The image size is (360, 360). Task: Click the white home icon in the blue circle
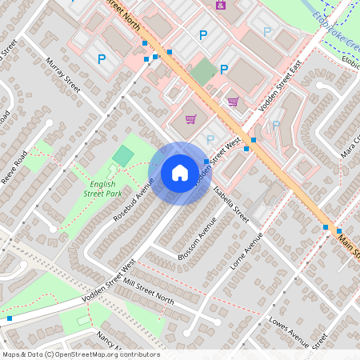pos(180,172)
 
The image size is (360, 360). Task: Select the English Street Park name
pos(102,188)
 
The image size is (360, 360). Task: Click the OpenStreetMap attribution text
pos(81,354)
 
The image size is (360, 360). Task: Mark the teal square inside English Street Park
pos(123,156)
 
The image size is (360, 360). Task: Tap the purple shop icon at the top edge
pos(221,5)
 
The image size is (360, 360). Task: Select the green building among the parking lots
pos(203,71)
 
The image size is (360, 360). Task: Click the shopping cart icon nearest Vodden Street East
pos(233,102)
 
